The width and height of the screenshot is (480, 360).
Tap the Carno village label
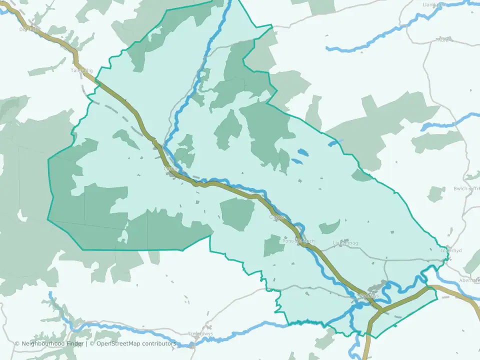click(170, 168)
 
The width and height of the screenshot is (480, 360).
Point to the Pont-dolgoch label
click(299, 241)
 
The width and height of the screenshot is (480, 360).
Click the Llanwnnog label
click(345, 243)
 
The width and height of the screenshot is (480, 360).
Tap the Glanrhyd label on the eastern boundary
click(450, 251)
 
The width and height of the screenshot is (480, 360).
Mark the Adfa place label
click(443, 40)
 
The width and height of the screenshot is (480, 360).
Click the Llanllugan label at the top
click(434, 4)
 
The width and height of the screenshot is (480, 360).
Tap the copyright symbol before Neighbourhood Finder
click(17, 343)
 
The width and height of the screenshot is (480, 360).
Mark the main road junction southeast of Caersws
click(381, 311)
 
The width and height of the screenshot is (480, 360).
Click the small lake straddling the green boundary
click(334, 143)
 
